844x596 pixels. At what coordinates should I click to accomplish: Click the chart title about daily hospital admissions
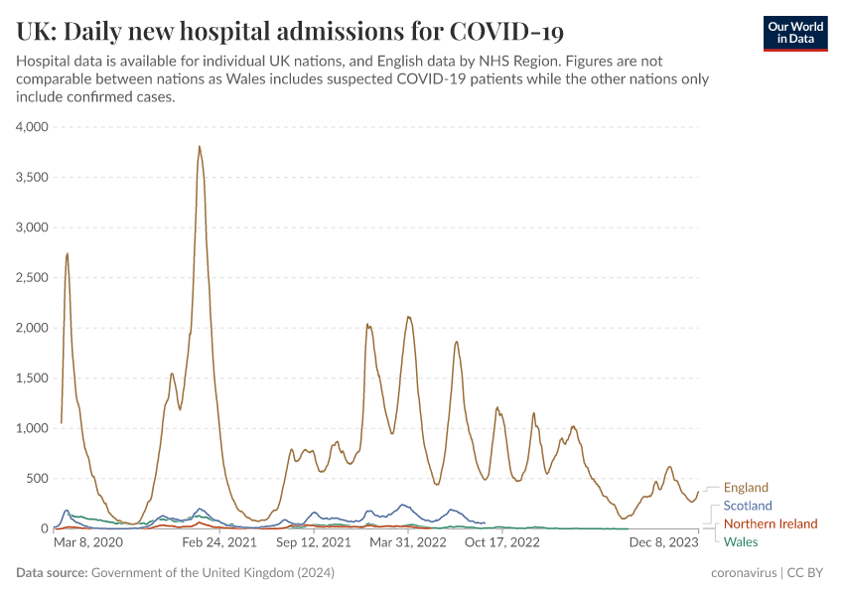(290, 32)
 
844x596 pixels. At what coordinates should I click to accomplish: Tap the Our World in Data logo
(794, 33)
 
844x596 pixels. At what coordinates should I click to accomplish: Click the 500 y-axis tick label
(38, 478)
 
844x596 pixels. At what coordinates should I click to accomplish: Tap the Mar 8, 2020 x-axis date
(88, 543)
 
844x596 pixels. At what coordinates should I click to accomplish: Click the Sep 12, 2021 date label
(313, 543)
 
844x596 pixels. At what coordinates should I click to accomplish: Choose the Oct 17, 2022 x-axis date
(501, 543)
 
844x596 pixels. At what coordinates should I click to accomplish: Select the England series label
(746, 488)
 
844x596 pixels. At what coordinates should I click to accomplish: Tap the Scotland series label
(748, 506)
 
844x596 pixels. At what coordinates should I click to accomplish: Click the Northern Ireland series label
(771, 523)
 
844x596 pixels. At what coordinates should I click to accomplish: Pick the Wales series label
(741, 541)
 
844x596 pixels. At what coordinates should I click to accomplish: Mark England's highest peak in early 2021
(200, 147)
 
